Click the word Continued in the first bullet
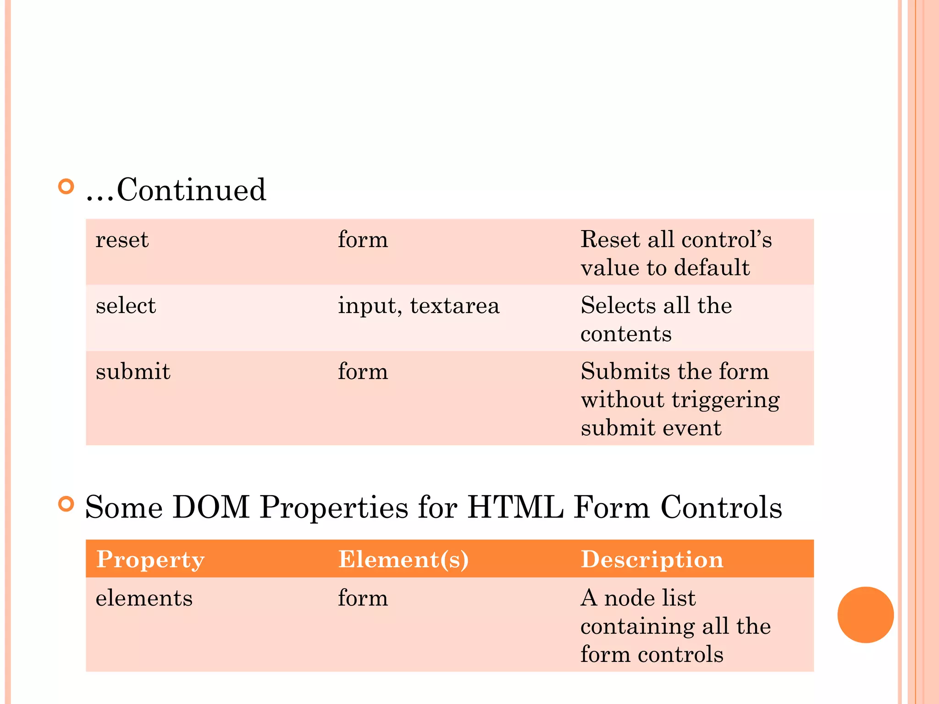[x=191, y=190]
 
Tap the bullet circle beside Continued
[x=66, y=187]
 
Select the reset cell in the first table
[x=122, y=240]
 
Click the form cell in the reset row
[x=363, y=240]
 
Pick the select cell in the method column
[x=126, y=306]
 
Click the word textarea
[x=454, y=306]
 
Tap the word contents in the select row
[x=626, y=334]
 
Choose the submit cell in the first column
[x=133, y=372]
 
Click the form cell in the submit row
[x=363, y=372]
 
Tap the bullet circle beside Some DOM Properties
[x=66, y=504]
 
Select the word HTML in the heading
[x=515, y=508]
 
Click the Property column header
[x=150, y=560]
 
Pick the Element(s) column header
[x=403, y=560]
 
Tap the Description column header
[x=652, y=560]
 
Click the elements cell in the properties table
[x=144, y=599]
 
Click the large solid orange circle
[x=865, y=615]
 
